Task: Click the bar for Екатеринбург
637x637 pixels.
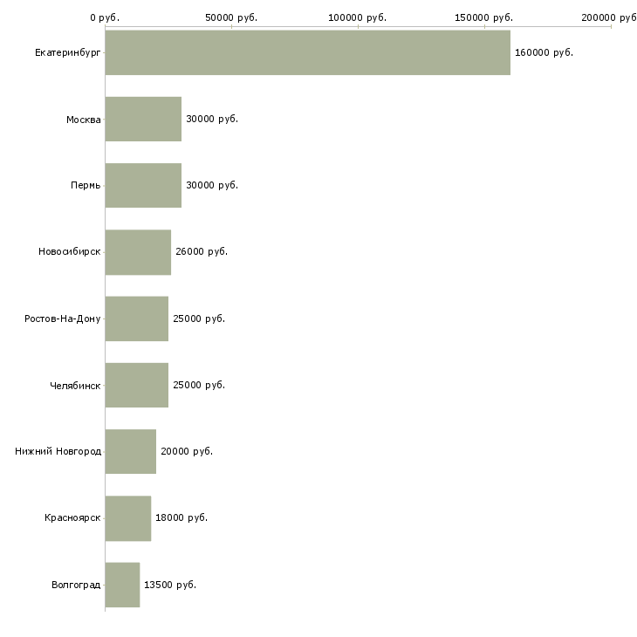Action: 307,52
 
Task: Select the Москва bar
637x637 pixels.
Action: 143,119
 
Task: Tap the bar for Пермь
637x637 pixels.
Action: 143,185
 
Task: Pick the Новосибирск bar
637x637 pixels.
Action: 138,252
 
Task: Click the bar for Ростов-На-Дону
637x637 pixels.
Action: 136,318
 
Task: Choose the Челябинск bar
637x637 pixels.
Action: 136,385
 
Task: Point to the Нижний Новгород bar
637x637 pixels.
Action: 130,451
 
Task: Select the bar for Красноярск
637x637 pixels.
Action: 128,518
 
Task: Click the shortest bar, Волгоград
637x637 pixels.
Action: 122,585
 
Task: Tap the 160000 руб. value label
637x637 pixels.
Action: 544,53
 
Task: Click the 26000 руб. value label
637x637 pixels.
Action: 202,252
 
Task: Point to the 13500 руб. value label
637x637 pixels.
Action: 170,585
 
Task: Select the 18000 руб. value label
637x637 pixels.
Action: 182,518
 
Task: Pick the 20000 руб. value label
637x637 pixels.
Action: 187,451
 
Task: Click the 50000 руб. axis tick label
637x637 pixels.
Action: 231,17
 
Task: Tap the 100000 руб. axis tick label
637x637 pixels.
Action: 358,17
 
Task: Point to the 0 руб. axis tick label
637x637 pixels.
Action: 105,17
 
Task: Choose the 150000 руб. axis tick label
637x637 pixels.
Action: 483,17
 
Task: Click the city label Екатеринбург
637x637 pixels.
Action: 67,53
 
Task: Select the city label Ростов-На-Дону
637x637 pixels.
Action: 62,318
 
